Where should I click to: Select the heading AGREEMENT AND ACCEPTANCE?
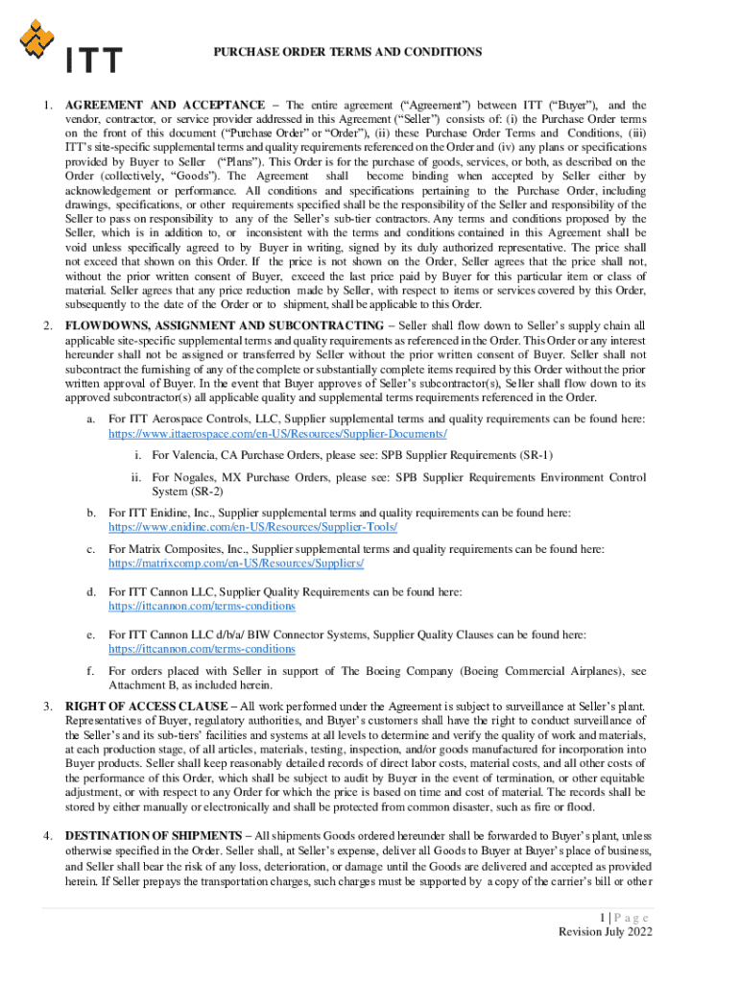[x=164, y=105]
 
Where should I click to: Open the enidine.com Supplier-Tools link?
[x=252, y=527]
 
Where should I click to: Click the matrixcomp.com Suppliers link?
[x=236, y=563]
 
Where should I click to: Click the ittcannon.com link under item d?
[x=202, y=606]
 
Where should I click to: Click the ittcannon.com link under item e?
[x=202, y=649]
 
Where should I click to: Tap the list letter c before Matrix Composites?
[x=90, y=549]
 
